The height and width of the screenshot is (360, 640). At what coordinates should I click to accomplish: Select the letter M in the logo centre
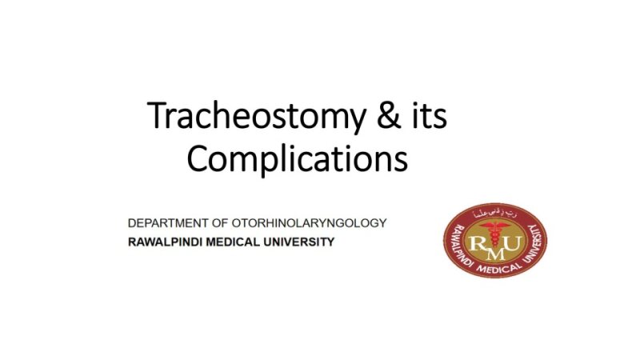496,250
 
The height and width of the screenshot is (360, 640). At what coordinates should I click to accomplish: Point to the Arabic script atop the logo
496,213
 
